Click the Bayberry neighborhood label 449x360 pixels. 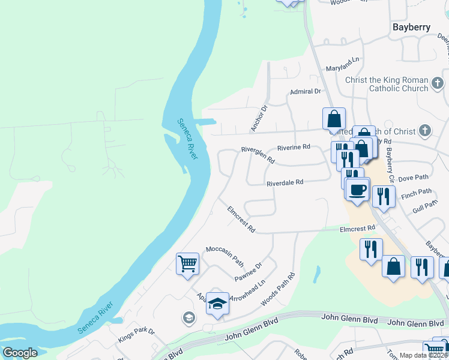click(x=411, y=27)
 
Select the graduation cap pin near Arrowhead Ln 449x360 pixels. click(x=217, y=304)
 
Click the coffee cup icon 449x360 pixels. click(x=358, y=190)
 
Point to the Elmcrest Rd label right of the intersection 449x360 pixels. click(x=357, y=228)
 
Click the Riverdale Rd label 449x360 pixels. click(x=285, y=182)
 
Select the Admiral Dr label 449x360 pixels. click(x=306, y=91)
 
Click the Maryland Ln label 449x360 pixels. click(x=342, y=60)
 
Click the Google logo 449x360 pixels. click(x=20, y=353)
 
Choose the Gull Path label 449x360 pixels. click(x=424, y=205)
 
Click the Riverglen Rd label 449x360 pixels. click(x=258, y=155)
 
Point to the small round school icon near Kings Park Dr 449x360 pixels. click(x=188, y=317)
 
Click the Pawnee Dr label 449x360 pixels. click(x=249, y=272)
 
